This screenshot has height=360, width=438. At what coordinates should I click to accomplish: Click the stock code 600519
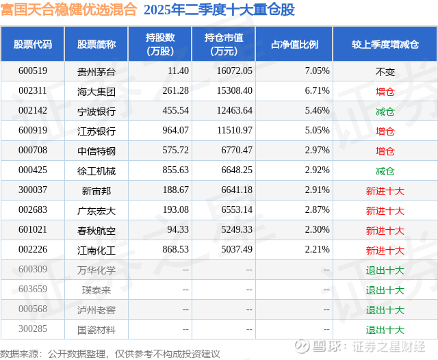click(32, 70)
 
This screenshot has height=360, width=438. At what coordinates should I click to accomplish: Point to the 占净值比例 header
click(299, 44)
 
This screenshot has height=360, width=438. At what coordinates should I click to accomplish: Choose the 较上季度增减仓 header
click(385, 44)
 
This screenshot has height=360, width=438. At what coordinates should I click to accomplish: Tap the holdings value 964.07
click(175, 131)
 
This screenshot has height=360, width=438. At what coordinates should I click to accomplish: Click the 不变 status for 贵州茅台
click(385, 70)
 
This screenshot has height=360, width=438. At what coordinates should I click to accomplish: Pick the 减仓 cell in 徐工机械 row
click(385, 170)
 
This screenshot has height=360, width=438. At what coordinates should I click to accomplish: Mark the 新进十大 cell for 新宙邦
click(385, 190)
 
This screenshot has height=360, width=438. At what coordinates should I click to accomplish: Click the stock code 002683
click(32, 210)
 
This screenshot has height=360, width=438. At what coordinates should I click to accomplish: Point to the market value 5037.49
click(234, 250)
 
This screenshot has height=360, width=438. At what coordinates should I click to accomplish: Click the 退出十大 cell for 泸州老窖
click(385, 310)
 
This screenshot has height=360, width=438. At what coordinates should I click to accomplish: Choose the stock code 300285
click(32, 330)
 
